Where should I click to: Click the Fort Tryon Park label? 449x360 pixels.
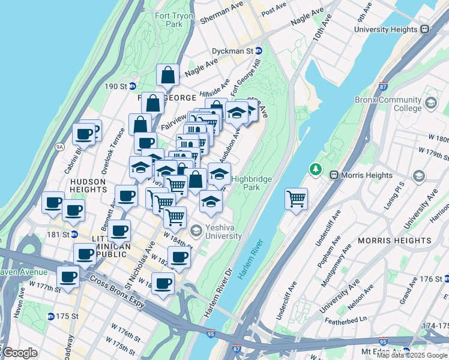169,20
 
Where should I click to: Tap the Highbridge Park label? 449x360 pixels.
252,184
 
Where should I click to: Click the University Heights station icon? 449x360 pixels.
424,29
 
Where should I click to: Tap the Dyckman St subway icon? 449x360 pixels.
259,52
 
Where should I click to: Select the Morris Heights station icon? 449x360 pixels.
334,175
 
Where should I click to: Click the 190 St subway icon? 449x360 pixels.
133,86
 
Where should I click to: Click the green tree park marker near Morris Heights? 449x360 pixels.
315,170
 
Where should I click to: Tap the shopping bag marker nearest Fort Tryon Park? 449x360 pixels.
168,75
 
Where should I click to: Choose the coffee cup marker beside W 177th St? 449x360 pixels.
68,277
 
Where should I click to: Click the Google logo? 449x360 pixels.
20,353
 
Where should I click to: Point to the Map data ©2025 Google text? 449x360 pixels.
412,355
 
